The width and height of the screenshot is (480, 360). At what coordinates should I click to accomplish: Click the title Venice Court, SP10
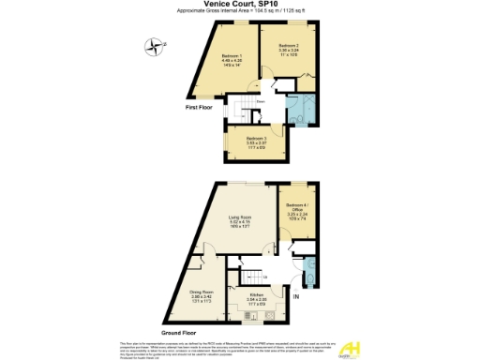click(x=240, y=5)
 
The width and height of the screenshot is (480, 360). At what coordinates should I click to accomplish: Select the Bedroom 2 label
click(x=289, y=46)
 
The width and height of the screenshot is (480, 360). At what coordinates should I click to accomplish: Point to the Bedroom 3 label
click(x=243, y=139)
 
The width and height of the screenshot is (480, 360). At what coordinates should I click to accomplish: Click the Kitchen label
click(x=257, y=294)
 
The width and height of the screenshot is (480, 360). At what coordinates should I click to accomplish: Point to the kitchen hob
click(x=246, y=316)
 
